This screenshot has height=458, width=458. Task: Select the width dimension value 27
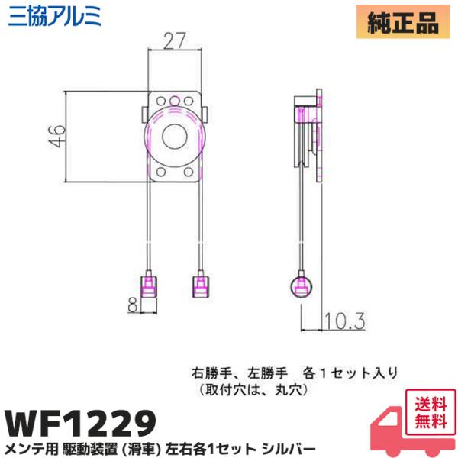[x=175, y=40]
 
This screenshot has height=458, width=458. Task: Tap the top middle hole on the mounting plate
[x=176, y=100]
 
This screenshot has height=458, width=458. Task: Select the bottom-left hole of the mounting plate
[x=160, y=173]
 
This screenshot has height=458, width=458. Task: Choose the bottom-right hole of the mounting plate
[x=192, y=173]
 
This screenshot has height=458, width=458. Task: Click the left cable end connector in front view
[x=151, y=286]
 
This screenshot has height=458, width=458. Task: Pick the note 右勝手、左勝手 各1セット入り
[x=295, y=373]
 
